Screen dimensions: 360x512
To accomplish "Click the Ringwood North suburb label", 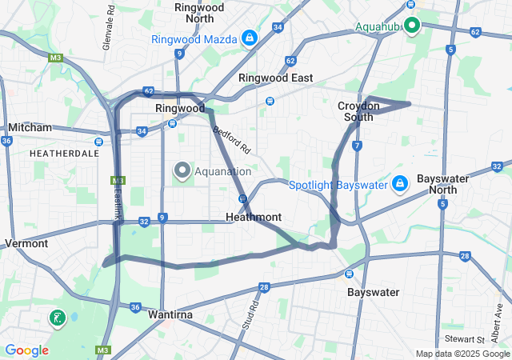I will (198, 12).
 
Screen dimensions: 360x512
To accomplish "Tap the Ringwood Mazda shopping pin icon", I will (250, 38).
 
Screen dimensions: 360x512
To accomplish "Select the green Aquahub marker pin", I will (412, 26).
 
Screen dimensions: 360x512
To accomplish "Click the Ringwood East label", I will (275, 78).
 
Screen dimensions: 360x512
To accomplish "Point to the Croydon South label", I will (355, 111).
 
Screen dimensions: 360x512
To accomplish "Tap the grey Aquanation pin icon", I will (182, 170).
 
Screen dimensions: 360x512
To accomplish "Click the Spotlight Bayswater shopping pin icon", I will (399, 184).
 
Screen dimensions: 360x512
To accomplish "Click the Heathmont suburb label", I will (254, 217).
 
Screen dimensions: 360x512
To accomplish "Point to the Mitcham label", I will (30, 127).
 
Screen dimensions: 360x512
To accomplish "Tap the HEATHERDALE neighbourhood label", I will (64, 152).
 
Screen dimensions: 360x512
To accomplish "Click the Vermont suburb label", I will (26, 242).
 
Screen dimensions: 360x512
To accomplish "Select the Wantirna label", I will (170, 315).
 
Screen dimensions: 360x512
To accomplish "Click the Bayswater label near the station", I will (373, 293).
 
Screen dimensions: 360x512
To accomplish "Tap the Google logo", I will (27, 350).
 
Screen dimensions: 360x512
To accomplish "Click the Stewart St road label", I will (464, 339).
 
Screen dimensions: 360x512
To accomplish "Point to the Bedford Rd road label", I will (232, 138).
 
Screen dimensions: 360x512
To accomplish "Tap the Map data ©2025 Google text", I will (462, 354).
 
